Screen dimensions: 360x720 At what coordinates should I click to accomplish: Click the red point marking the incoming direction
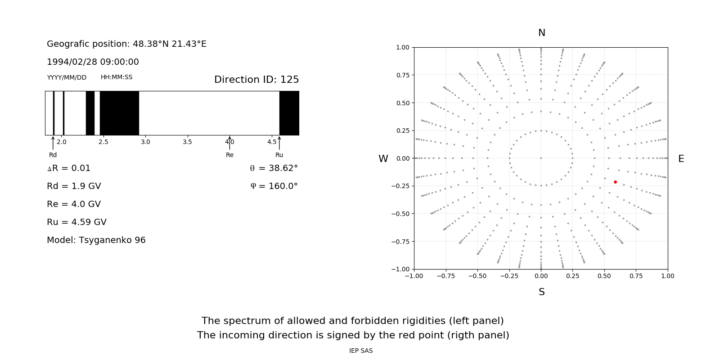[615, 182]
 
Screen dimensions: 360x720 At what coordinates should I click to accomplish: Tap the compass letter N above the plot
[542, 33]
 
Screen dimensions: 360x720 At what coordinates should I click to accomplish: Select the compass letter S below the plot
[542, 292]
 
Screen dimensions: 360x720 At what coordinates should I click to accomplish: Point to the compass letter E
[681, 159]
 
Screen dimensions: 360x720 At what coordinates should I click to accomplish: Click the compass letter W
[383, 159]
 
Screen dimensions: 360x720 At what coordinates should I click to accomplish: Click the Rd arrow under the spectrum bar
[53, 143]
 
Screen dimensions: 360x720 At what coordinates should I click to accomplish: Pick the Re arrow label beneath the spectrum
[229, 155]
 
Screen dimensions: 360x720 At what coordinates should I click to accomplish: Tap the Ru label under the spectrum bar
[279, 155]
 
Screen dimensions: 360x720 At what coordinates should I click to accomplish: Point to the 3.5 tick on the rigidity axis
[187, 142]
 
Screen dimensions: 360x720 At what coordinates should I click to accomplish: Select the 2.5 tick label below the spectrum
[103, 142]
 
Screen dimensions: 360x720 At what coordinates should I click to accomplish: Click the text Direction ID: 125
[256, 80]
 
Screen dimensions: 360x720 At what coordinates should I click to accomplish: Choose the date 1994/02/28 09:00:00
[93, 62]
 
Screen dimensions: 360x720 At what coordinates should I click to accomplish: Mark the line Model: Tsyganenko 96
[96, 240]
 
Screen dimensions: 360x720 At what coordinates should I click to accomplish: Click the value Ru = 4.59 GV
[76, 222]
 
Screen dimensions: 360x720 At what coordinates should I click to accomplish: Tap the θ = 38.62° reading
[274, 168]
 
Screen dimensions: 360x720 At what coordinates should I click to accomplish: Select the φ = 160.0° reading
[274, 186]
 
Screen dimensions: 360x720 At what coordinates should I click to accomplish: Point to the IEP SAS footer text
[361, 351]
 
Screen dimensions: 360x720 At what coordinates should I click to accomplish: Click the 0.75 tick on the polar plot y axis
[402, 75]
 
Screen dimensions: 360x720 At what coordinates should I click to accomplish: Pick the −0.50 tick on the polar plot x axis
[477, 276]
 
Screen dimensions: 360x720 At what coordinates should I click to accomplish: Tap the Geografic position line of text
[126, 44]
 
